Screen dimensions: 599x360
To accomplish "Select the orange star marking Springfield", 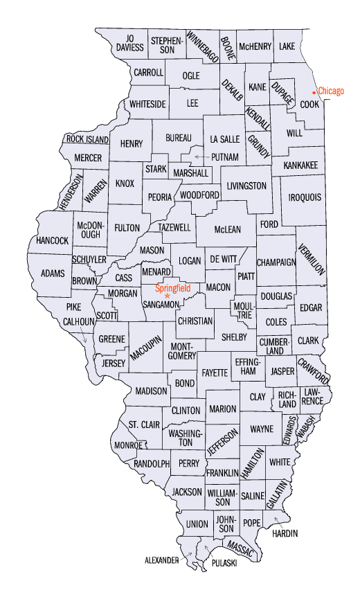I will pyautogui.click(x=167, y=296).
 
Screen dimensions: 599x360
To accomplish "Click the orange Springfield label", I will pyautogui.click(x=172, y=287).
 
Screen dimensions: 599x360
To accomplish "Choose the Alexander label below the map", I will pyautogui.click(x=161, y=559).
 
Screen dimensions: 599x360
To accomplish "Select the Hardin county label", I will pyautogui.click(x=285, y=533).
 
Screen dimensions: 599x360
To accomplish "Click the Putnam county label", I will pyautogui.click(x=225, y=157).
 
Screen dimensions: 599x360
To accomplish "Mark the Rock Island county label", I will pyautogui.click(x=87, y=139).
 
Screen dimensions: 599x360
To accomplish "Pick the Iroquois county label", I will pyautogui.click(x=305, y=197).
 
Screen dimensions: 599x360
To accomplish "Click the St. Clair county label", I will pyautogui.click(x=144, y=424).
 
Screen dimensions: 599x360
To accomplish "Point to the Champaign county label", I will pyautogui.click(x=276, y=262).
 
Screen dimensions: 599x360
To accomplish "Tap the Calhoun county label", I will pyautogui.click(x=78, y=321).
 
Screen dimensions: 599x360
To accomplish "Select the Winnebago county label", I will pyautogui.click(x=203, y=47).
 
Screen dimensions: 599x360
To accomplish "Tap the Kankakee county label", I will pyautogui.click(x=300, y=165).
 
